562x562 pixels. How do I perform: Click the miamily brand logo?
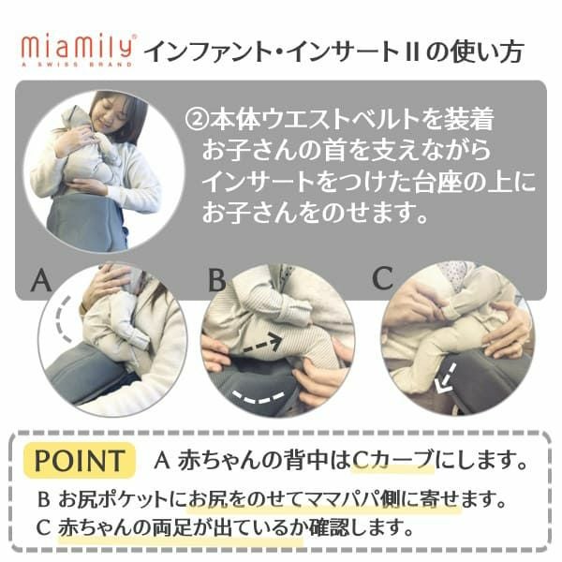click(78, 51)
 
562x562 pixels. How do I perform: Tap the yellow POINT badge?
click(80, 461)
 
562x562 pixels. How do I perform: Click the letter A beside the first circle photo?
click(41, 280)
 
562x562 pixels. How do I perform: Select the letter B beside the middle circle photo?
click(217, 279)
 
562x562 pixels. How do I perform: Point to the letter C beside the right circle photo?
click(383, 278)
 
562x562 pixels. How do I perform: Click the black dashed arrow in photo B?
click(262, 344)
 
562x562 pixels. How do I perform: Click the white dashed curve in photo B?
click(259, 397)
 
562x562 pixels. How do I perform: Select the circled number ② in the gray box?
click(197, 120)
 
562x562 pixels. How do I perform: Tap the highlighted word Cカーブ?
click(392, 460)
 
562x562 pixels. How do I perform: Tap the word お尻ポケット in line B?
click(113, 499)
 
